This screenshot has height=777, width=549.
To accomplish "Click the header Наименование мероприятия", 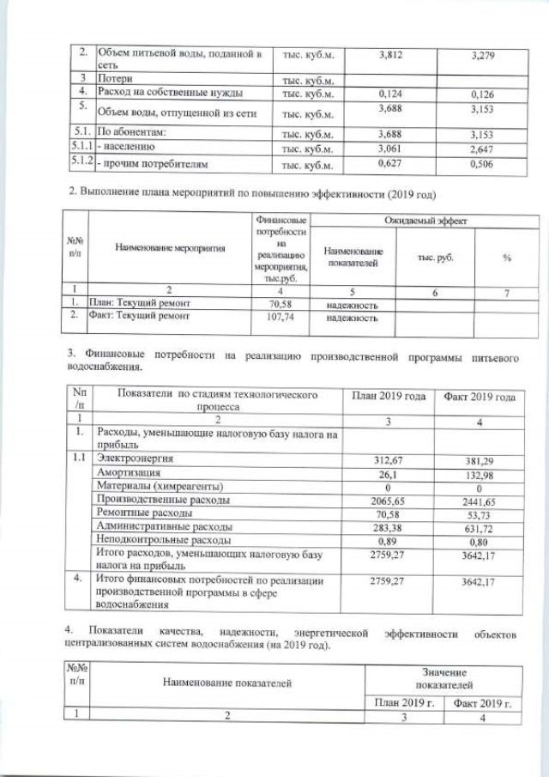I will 170,249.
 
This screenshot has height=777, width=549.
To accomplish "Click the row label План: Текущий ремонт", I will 148,303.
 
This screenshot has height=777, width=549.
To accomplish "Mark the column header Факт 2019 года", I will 479,397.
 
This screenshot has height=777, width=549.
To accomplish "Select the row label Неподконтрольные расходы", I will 164,540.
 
